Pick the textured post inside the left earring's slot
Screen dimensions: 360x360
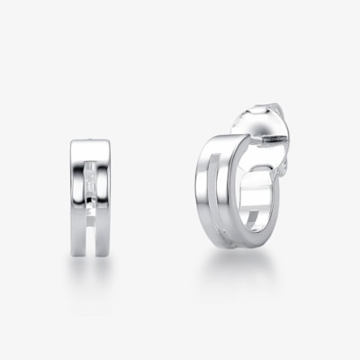[x=91, y=180]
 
